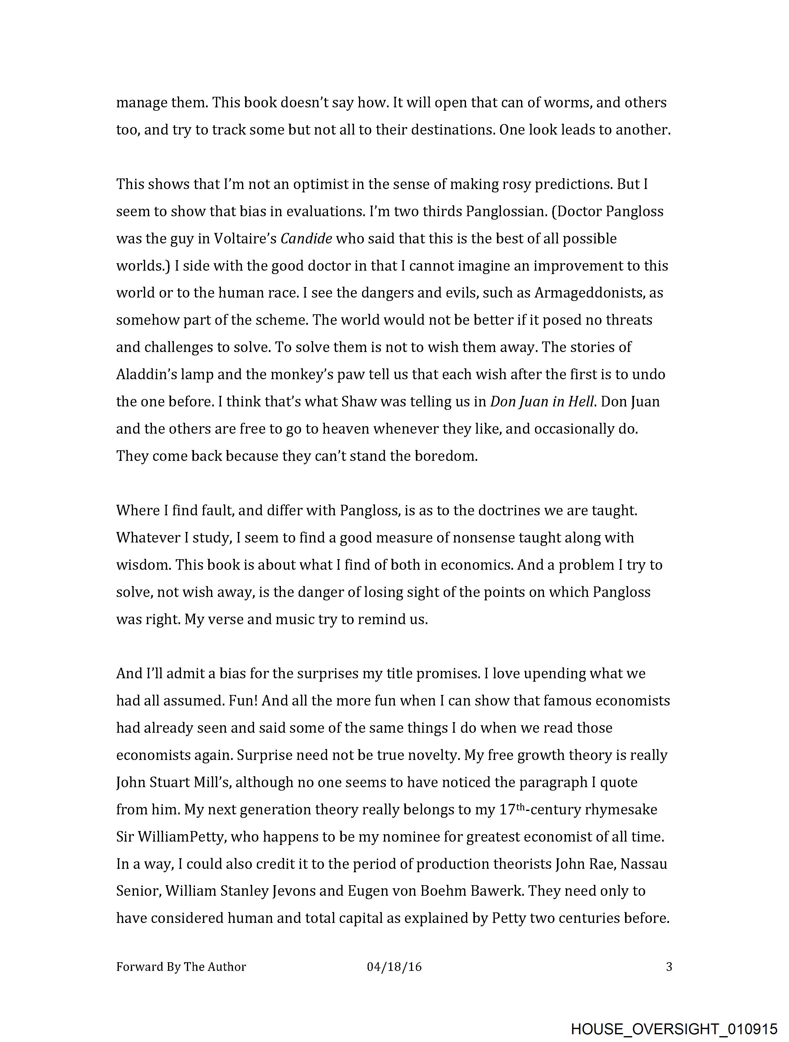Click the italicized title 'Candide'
click(306, 239)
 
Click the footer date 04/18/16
click(394, 967)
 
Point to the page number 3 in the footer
click(668, 967)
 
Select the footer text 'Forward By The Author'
click(181, 967)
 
